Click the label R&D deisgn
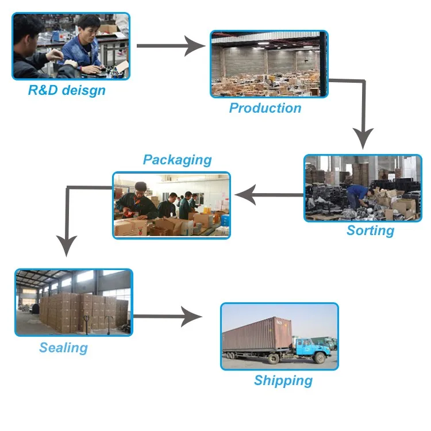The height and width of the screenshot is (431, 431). coord(67,90)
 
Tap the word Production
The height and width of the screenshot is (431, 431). coord(265,108)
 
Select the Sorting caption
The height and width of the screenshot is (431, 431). coord(370,230)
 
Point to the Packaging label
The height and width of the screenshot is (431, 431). coord(178,160)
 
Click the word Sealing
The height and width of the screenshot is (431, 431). coord(63,348)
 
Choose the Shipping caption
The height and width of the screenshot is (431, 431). coord(283,380)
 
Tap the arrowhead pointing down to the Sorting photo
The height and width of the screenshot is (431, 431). coord(363,138)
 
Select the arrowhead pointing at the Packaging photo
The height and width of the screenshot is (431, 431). coord(245,195)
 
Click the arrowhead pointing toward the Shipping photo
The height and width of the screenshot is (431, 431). coord(191,317)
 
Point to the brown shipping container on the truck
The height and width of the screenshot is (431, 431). coord(257,334)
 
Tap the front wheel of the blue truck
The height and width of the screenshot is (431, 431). coord(320,357)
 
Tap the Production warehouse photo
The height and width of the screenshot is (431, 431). coord(269,64)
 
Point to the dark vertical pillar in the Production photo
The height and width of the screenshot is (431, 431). coord(323,64)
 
